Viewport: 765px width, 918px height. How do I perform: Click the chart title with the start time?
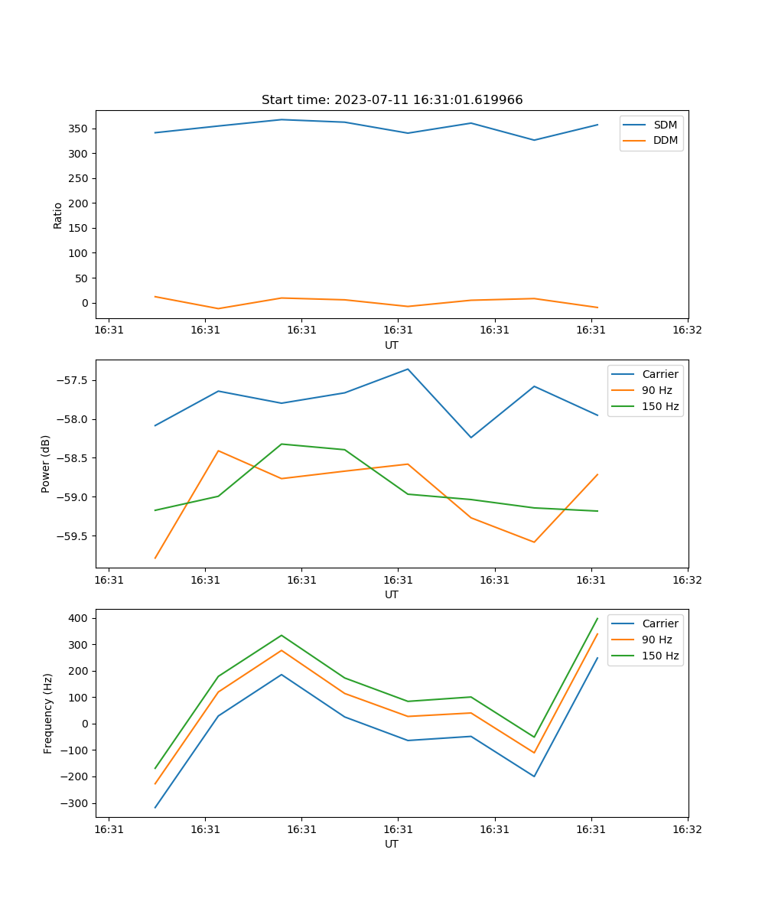[x=392, y=100]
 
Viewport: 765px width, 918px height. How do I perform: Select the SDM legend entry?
[x=665, y=125]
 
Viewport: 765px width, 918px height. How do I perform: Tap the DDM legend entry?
[x=665, y=141]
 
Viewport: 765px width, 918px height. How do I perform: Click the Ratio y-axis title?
[x=58, y=216]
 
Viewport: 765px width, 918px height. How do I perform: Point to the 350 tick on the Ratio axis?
[x=78, y=129]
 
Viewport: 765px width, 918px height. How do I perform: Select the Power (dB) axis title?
[x=46, y=464]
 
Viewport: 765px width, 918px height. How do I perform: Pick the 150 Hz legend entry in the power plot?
[x=660, y=406]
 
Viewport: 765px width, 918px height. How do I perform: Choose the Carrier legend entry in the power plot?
[x=660, y=374]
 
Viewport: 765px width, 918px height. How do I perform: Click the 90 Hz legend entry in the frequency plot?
[x=657, y=640]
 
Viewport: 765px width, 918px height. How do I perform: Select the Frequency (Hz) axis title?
[x=48, y=713]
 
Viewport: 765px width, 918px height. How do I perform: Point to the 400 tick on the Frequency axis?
[x=80, y=618]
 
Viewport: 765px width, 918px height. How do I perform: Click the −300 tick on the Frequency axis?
[x=75, y=803]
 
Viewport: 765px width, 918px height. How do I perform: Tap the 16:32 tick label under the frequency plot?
[x=687, y=829]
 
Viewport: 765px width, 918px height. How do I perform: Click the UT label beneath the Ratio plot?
[x=392, y=345]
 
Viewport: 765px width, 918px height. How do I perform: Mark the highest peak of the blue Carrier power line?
[x=408, y=369]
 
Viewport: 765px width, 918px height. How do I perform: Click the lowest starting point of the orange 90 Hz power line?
[x=155, y=558]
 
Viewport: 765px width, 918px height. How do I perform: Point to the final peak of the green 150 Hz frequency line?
[x=597, y=618]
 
